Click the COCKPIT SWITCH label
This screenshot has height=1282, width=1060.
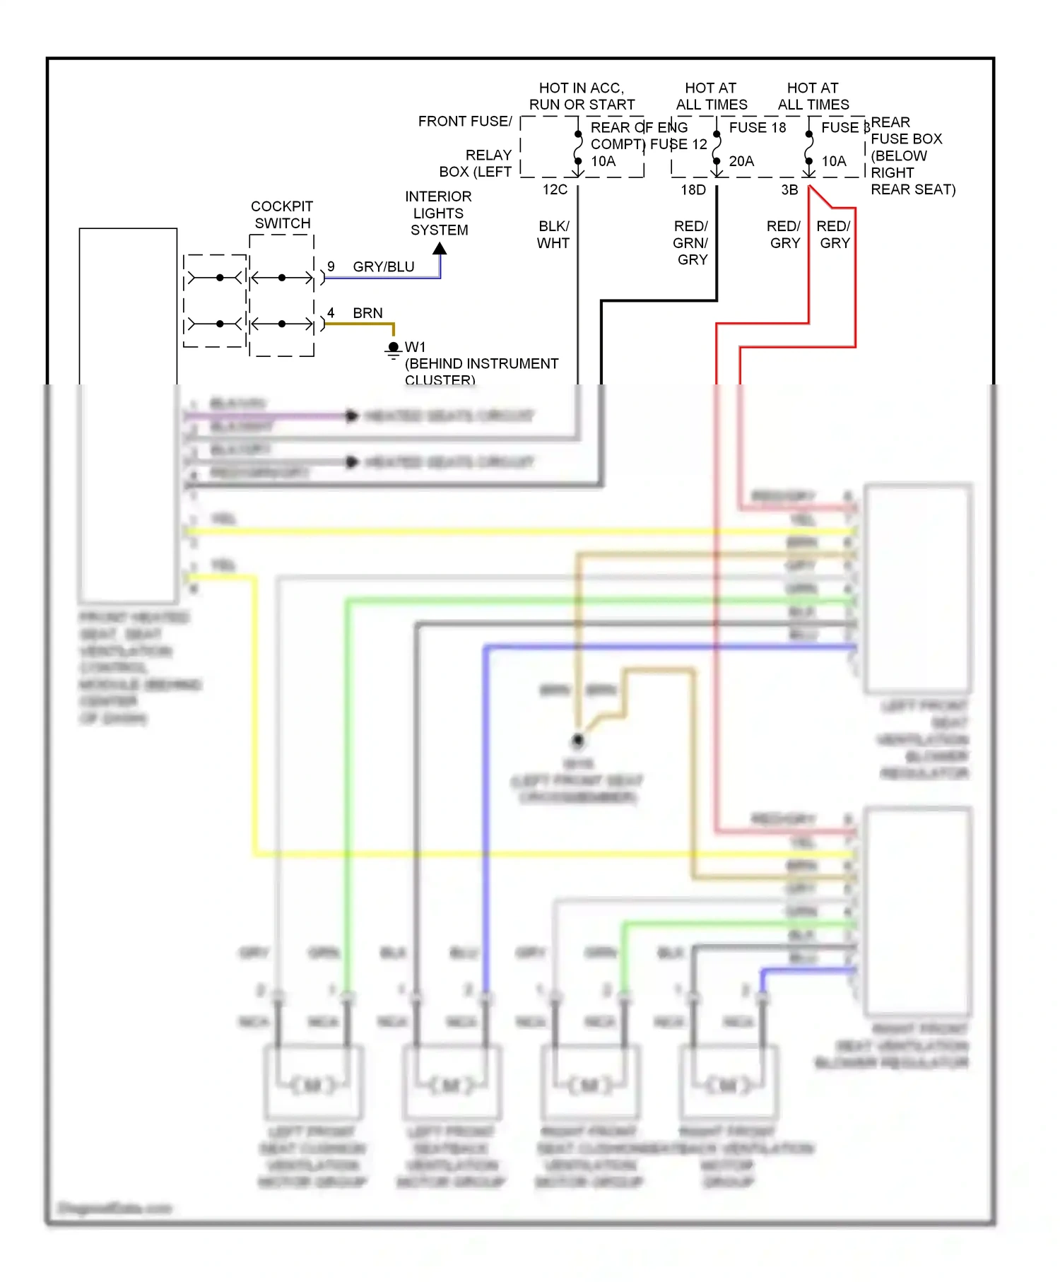tap(282, 215)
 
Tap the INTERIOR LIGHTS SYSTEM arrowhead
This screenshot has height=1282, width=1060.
tap(440, 249)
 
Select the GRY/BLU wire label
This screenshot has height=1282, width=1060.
tap(383, 266)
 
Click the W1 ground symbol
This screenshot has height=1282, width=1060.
tap(394, 348)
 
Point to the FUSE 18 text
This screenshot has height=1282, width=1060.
tap(758, 127)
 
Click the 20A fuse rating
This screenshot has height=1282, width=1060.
tap(741, 161)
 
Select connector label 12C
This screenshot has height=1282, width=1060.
tap(555, 189)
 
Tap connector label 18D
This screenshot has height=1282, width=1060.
tap(693, 189)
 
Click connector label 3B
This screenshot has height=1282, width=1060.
tap(789, 189)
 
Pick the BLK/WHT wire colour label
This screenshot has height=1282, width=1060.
tap(553, 235)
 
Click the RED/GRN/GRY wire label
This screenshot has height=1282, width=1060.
tap(690, 242)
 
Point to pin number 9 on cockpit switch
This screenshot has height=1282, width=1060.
tap(331, 266)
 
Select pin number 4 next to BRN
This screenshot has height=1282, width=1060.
tap(330, 312)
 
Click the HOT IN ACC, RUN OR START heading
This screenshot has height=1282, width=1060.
tap(582, 96)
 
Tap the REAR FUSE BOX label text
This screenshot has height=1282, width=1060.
tap(906, 139)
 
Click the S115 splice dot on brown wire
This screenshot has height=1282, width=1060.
tap(577, 741)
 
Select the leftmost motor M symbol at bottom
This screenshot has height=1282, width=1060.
tap(312, 1085)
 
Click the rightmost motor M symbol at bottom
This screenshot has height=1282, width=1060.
tap(728, 1085)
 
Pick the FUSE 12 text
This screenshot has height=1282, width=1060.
tap(678, 144)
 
